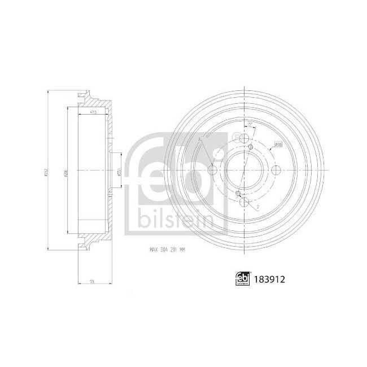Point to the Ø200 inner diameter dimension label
pyautogui.click(x=67, y=171)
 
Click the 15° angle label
pyautogui.click(x=249, y=125)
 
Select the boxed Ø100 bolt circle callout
pyautogui.click(x=278, y=145)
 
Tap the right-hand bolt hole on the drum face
pyautogui.click(x=276, y=171)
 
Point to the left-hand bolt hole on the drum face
pyautogui.click(x=212, y=171)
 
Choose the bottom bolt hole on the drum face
pyautogui.click(x=244, y=202)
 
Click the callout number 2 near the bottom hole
pyautogui.click(x=258, y=208)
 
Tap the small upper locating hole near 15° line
pyautogui.click(x=250, y=147)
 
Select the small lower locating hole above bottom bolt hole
pyautogui.click(x=239, y=194)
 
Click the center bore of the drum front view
pyautogui.click(x=244, y=171)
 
